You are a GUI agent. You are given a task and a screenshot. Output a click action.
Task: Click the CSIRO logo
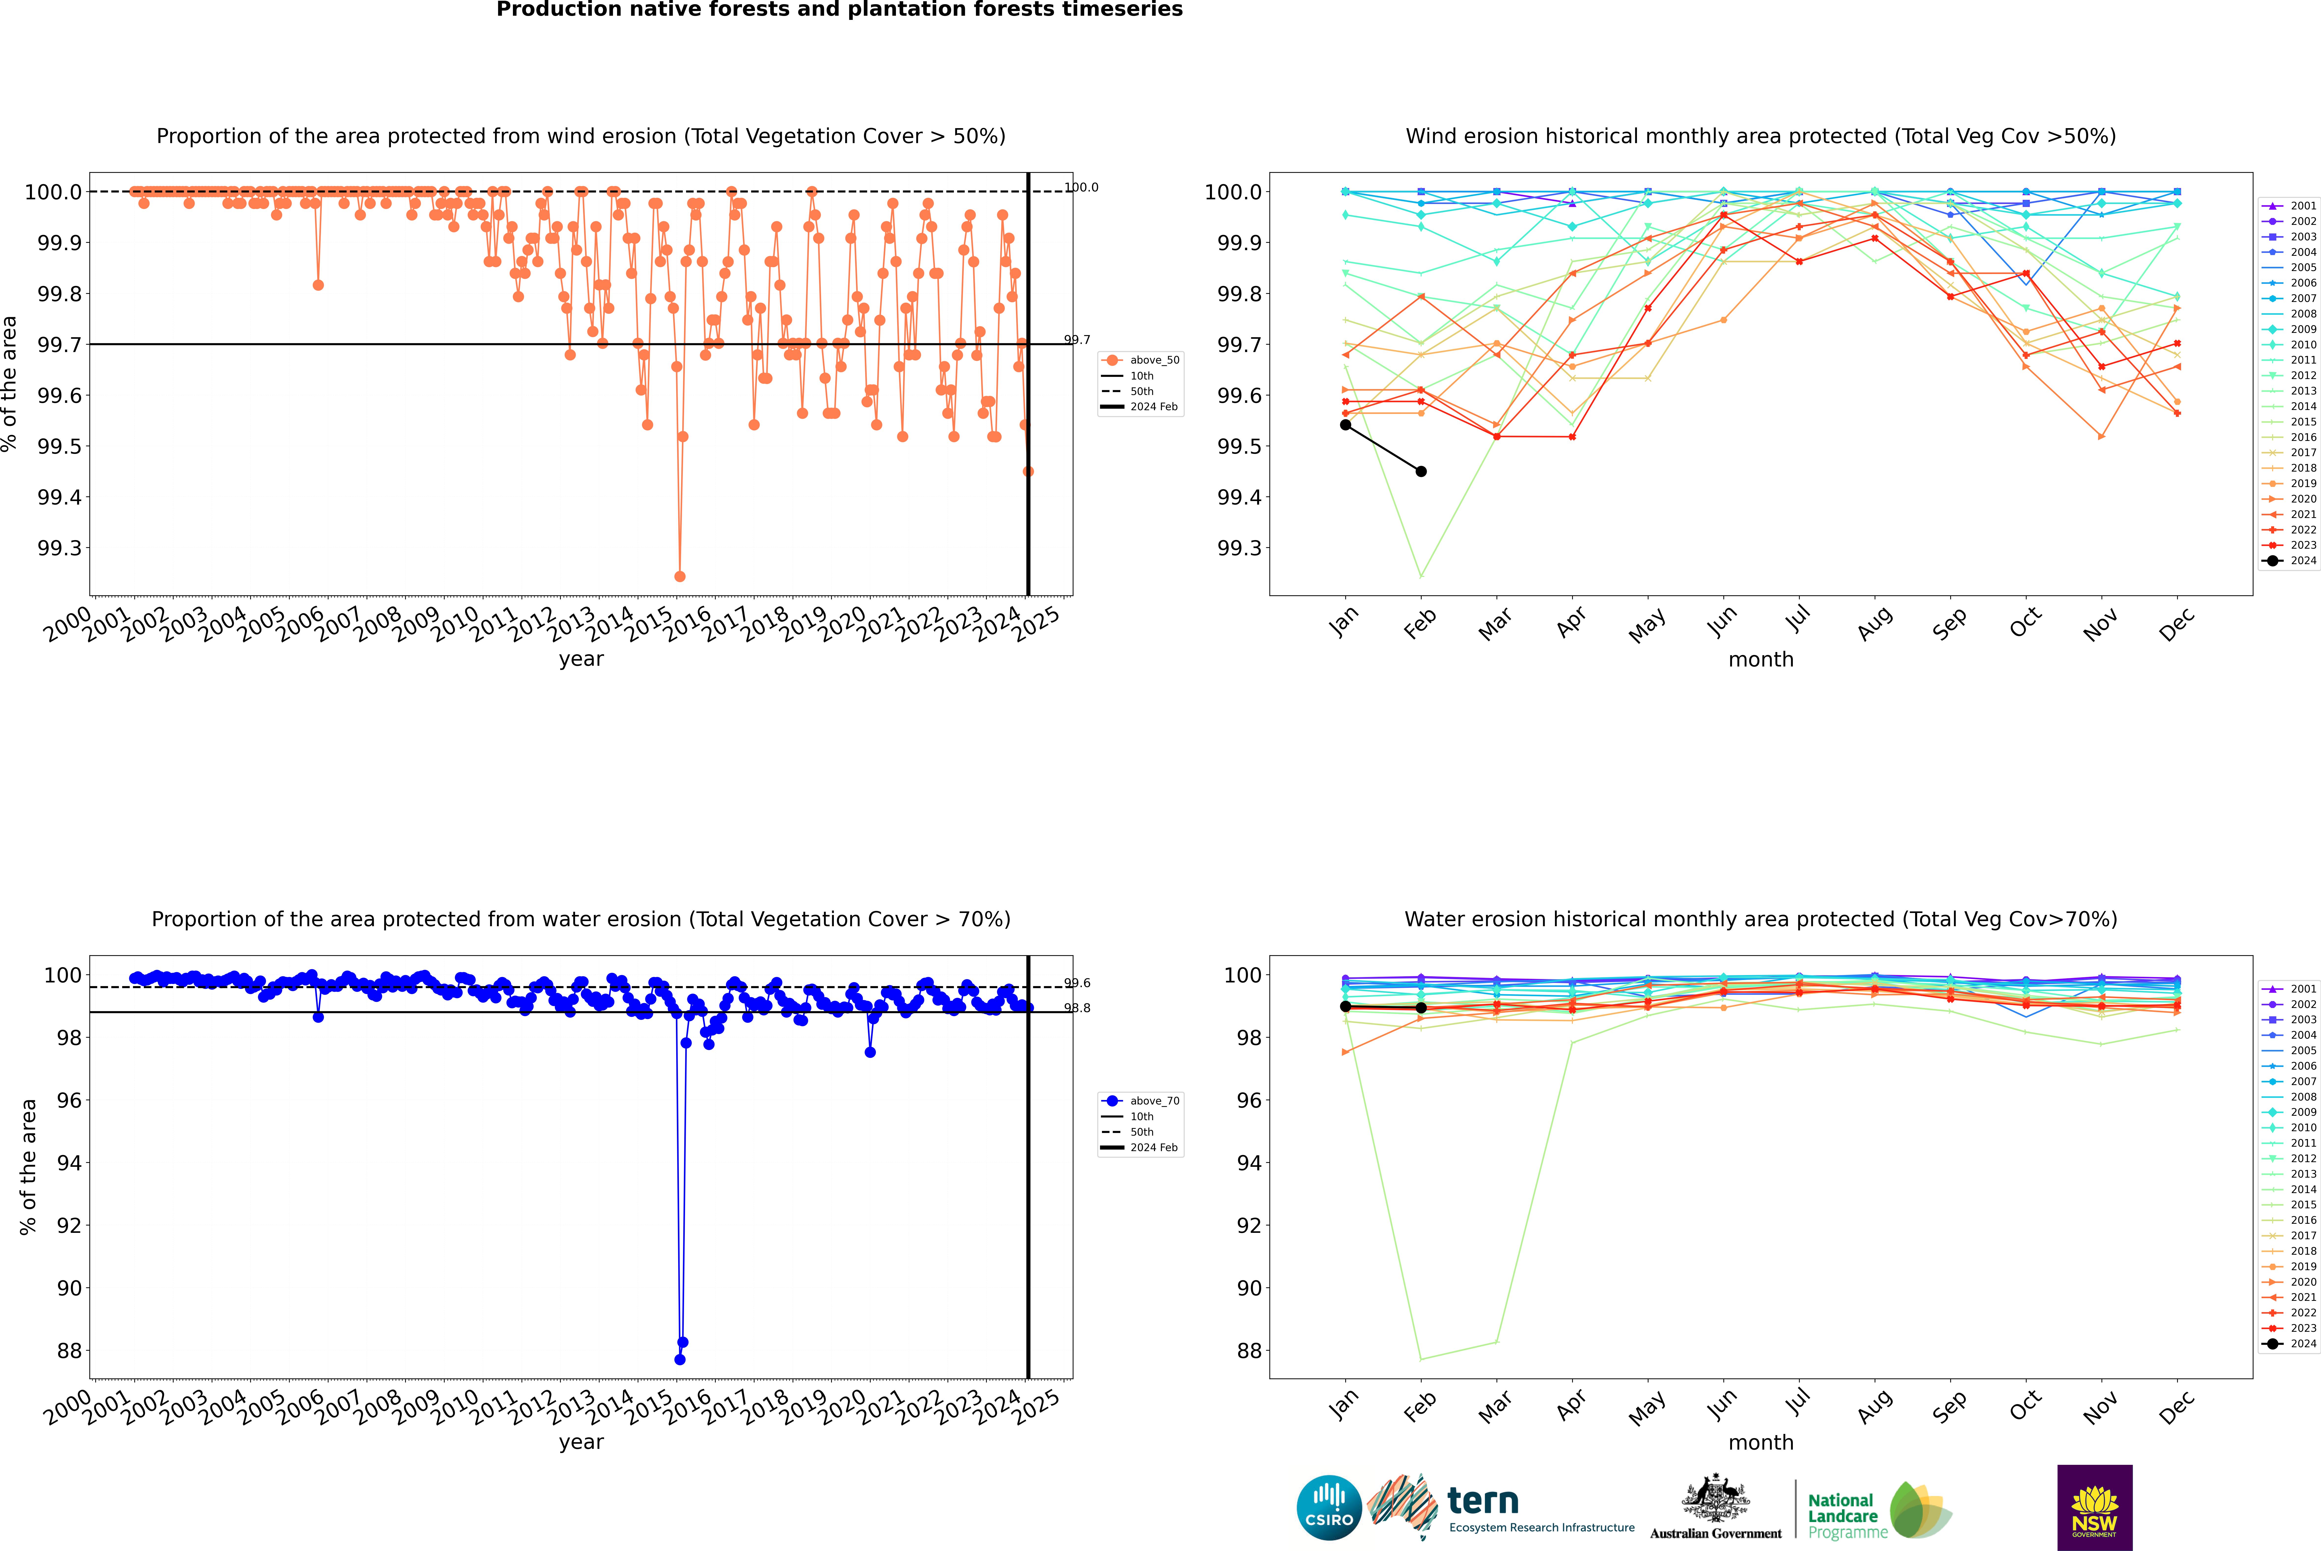tap(1329, 1508)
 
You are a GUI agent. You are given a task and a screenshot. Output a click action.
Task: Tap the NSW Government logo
tap(2094, 1508)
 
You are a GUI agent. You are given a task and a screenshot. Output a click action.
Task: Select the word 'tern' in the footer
tap(1482, 1501)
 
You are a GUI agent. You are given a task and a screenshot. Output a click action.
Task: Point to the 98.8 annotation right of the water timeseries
tap(1077, 1008)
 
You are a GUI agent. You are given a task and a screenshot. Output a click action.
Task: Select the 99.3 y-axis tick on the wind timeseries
tap(59, 548)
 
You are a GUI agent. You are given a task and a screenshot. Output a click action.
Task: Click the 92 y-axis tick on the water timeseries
tap(69, 1225)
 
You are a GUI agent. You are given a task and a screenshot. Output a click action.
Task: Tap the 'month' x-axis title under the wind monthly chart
tap(1760, 660)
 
